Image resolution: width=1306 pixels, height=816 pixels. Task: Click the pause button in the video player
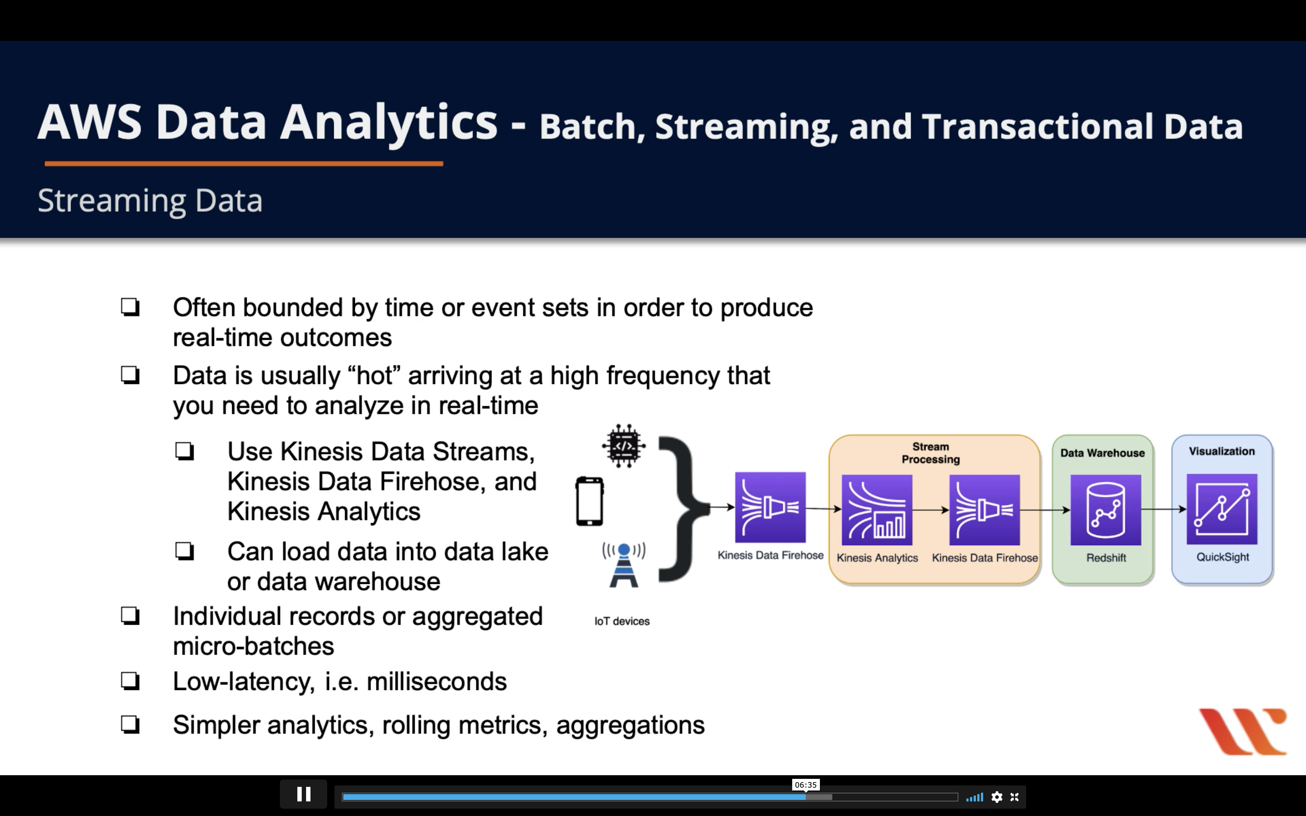click(x=303, y=795)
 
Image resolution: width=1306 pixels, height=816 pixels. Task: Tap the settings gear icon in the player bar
click(x=997, y=797)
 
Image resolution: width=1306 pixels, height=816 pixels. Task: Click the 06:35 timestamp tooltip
click(x=806, y=785)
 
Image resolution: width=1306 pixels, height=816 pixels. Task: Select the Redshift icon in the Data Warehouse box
click(x=1106, y=510)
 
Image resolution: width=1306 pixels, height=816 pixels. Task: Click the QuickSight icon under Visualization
click(x=1222, y=509)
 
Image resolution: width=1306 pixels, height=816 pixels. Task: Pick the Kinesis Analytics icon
click(x=877, y=510)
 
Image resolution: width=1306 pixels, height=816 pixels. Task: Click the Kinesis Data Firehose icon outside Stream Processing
click(x=770, y=507)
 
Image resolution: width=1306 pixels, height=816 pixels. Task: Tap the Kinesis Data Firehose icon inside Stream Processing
click(x=984, y=510)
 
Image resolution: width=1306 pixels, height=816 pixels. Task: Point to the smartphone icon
click(x=589, y=501)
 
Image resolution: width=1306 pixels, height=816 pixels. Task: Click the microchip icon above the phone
click(x=624, y=446)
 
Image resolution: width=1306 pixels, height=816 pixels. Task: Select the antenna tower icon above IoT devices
click(x=624, y=565)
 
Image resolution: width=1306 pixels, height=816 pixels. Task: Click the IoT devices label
click(x=622, y=621)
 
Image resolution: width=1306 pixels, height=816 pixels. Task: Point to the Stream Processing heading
click(x=930, y=453)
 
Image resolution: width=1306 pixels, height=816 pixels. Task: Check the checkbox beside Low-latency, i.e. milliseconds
click(x=130, y=681)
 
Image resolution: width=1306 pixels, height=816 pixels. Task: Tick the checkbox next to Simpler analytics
click(x=130, y=724)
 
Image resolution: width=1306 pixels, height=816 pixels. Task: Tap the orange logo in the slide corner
click(x=1243, y=731)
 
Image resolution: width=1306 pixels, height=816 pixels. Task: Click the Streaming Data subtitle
click(x=150, y=201)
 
